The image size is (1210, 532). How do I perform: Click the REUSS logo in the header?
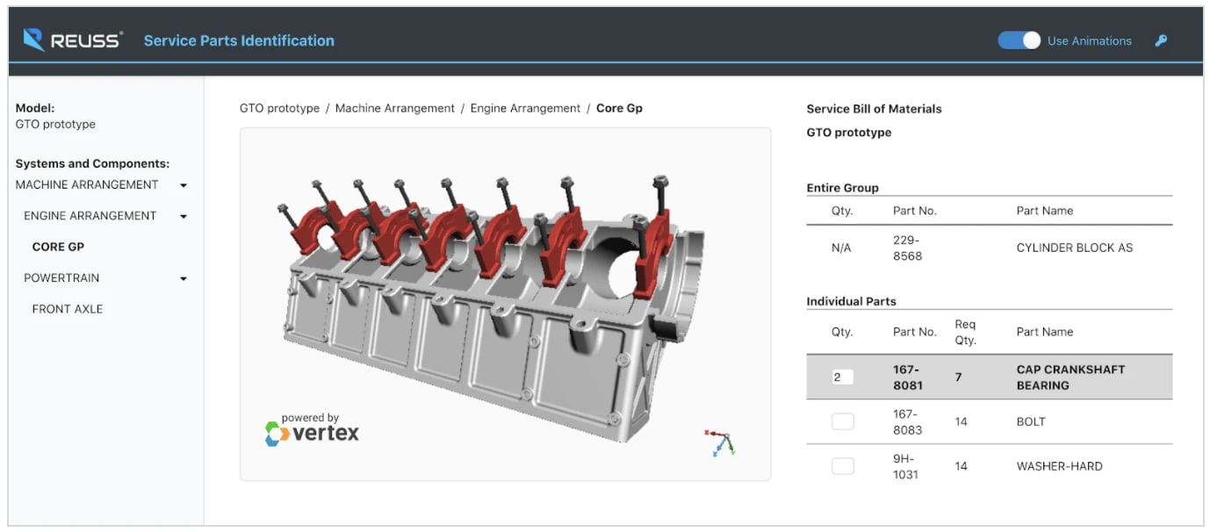click(73, 40)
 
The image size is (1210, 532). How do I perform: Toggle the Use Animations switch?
click(1019, 40)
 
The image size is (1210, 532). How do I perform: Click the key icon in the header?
click(1161, 40)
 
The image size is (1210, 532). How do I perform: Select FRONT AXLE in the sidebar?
click(68, 309)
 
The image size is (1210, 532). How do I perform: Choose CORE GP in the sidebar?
click(58, 247)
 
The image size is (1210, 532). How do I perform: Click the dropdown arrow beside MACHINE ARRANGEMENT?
click(184, 185)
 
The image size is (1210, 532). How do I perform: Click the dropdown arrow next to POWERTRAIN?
click(184, 278)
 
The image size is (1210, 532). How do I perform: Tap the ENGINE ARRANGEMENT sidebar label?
click(90, 216)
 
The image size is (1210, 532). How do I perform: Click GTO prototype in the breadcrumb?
click(279, 109)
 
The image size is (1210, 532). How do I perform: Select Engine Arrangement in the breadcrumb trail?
click(525, 109)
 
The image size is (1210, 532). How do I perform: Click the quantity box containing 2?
click(842, 377)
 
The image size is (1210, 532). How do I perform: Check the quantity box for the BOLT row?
click(842, 421)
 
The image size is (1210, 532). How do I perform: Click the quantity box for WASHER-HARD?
click(842, 466)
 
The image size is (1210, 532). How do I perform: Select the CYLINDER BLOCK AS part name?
click(1074, 248)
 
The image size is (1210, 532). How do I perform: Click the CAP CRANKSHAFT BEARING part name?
click(1070, 377)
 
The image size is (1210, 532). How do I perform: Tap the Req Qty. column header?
click(965, 332)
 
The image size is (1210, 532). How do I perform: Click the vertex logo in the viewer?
click(313, 430)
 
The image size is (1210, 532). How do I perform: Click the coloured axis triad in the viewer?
click(720, 442)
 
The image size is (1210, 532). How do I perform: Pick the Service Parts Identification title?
click(239, 40)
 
